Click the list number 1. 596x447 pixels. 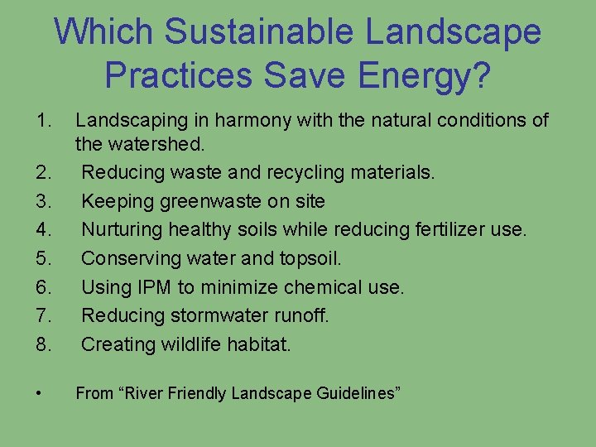coord(44,121)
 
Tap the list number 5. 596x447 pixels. coord(44,258)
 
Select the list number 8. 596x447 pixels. coord(44,344)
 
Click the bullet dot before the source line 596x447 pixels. coord(41,393)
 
